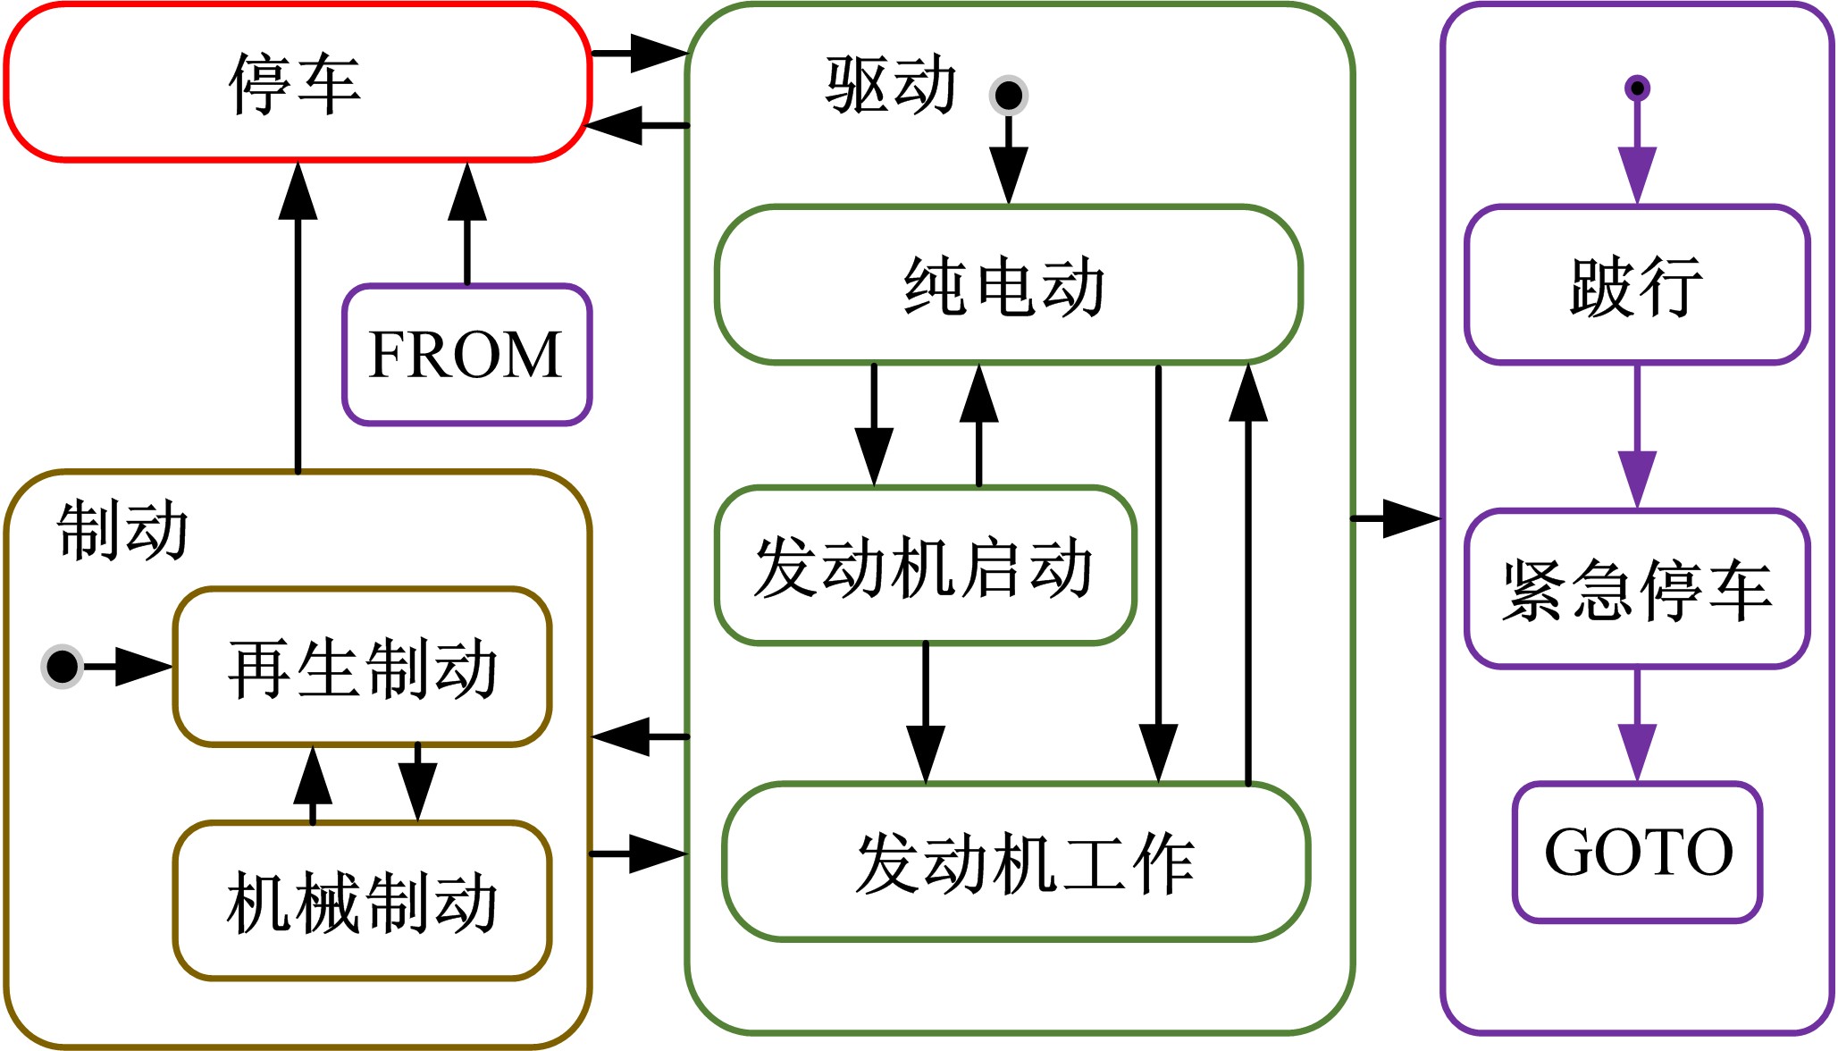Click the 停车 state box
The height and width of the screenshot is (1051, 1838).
(x=298, y=82)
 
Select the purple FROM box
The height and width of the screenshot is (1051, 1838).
(x=466, y=355)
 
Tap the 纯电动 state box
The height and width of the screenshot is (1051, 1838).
(x=1008, y=285)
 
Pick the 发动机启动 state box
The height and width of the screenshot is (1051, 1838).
(x=925, y=566)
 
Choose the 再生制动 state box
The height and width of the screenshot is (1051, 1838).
(x=362, y=667)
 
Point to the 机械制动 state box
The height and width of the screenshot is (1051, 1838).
(x=362, y=901)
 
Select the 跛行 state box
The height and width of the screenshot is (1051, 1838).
(x=1637, y=285)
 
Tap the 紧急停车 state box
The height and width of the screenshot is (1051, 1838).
(x=1637, y=589)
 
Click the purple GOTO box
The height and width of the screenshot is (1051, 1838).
(x=1637, y=852)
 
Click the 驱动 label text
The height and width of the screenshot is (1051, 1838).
(x=891, y=86)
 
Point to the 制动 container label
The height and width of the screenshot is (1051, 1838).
(x=122, y=530)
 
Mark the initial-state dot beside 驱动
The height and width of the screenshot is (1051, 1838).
(x=1009, y=95)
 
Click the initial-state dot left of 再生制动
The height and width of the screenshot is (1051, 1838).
(x=62, y=667)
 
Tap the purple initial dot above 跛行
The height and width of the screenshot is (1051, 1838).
(x=1637, y=88)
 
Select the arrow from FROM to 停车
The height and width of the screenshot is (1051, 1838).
(x=466, y=223)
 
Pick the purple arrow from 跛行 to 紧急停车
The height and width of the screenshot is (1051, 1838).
(x=1637, y=438)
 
